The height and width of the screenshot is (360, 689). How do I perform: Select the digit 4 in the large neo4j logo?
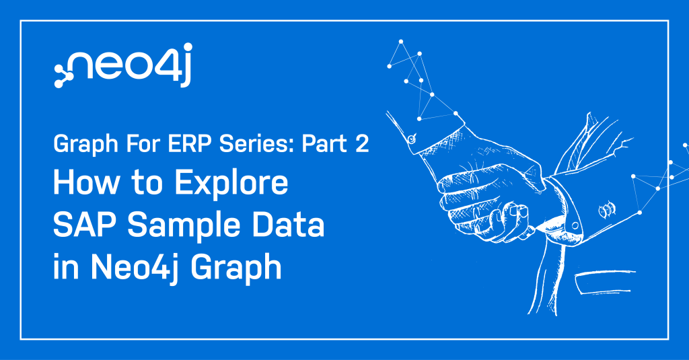[x=165, y=66]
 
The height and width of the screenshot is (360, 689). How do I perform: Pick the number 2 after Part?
[x=361, y=144]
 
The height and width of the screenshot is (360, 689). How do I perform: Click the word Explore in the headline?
[x=231, y=183]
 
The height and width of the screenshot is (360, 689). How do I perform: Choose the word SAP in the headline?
[x=85, y=225]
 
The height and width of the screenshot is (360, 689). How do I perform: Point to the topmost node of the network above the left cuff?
[x=401, y=42]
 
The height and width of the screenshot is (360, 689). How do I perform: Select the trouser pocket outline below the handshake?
[x=605, y=282]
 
